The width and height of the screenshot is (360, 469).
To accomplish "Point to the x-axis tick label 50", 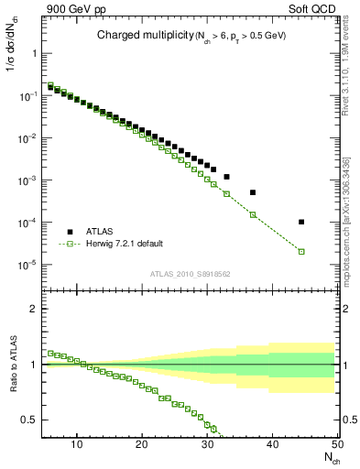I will point(337,444).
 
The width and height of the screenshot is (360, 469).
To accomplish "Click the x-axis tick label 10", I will point(76,444).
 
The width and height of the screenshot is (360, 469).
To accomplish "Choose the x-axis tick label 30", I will point(207,444).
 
